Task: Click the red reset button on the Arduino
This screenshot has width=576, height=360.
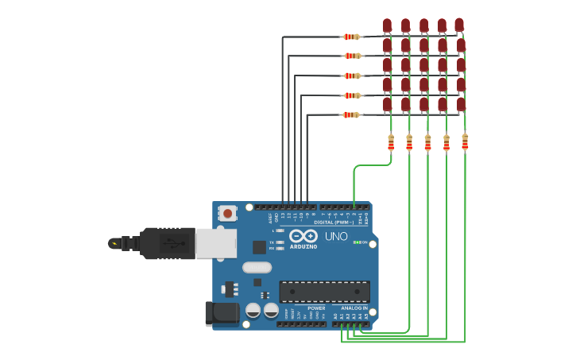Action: [228, 213]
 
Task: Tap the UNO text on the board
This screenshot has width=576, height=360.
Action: [336, 236]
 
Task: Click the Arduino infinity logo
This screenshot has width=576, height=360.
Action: [303, 236]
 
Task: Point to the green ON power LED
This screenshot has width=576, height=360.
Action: [358, 242]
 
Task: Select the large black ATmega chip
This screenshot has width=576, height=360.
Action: [324, 292]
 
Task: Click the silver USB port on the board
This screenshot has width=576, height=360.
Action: [216, 243]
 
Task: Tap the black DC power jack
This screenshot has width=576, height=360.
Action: [222, 313]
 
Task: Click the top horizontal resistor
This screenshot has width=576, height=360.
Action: [350, 37]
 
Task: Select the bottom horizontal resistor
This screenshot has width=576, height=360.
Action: [350, 114]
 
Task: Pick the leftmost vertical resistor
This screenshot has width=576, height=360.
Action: [391, 142]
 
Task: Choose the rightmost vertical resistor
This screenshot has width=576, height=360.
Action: [465, 142]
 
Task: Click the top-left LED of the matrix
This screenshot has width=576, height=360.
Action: [387, 26]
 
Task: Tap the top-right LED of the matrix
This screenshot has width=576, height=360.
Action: [459, 26]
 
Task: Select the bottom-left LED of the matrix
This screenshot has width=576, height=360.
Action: [387, 104]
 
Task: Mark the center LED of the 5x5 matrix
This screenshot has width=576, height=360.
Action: [423, 65]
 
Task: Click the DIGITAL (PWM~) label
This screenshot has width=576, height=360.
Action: [334, 223]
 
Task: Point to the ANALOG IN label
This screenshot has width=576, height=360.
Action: [354, 308]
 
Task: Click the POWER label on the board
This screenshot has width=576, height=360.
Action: [316, 308]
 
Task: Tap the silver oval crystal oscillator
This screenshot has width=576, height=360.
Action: [257, 267]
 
